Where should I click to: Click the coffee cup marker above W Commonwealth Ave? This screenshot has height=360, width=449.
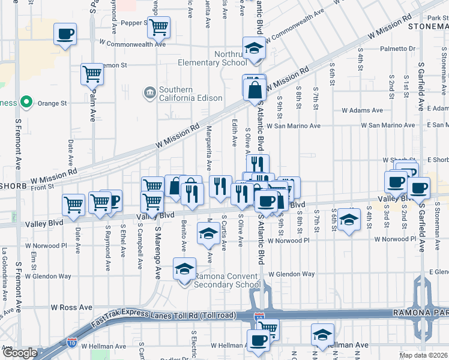pos(65,34)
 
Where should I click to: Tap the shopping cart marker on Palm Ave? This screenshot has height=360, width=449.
pos(92,74)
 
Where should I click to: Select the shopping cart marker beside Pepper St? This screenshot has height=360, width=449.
pos(158,26)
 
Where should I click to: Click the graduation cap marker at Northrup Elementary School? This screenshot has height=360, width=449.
pos(254,47)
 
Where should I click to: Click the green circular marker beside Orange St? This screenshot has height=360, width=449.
pos(26,103)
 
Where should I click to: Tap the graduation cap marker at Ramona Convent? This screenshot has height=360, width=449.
pos(184,268)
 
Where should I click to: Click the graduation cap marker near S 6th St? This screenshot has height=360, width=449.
pos(348,218)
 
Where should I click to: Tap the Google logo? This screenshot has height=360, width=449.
pos(19,353)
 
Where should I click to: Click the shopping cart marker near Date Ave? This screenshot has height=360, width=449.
pos(74,203)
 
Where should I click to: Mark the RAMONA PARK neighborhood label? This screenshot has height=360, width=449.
pos(421,313)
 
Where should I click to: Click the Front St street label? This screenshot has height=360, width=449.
pos(43,187)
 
